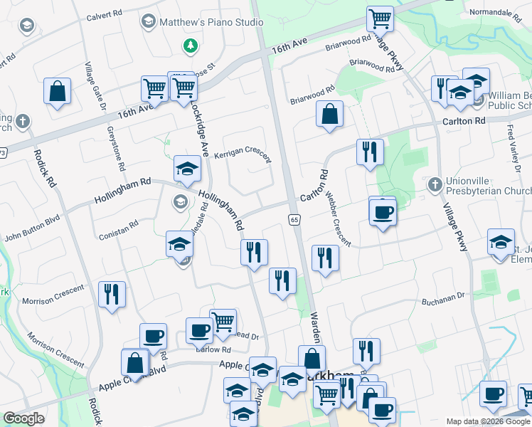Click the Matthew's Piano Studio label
click(x=211, y=23)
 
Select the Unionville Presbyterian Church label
click(x=488, y=185)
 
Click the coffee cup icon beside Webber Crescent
click(x=383, y=211)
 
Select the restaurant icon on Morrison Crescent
click(x=112, y=293)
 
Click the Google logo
click(x=23, y=418)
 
